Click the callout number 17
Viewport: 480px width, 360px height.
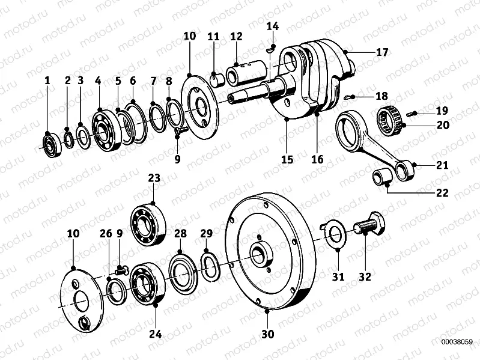382,52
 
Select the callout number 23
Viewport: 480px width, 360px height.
154,178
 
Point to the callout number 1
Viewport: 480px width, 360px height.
47,79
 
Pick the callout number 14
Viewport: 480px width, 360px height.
273,26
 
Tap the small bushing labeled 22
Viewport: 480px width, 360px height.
383,178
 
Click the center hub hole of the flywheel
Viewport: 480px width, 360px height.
260,255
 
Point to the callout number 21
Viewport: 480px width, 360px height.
442,165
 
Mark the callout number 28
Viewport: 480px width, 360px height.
180,233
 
